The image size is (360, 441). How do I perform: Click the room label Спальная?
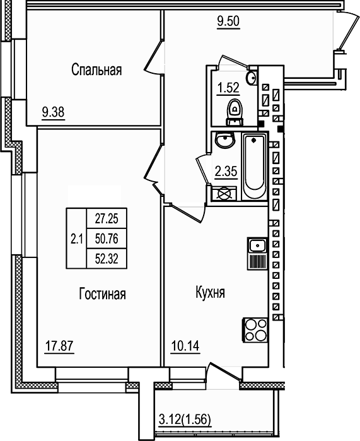[96, 70]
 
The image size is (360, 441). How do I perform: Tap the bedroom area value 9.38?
[54, 113]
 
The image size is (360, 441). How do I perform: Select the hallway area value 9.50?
[229, 22]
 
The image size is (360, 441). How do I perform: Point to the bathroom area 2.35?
[226, 171]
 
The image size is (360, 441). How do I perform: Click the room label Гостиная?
[103, 294]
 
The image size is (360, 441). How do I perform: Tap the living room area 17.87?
[59, 346]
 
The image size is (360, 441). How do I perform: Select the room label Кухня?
[211, 294]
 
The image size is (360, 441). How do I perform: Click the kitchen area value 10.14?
[185, 346]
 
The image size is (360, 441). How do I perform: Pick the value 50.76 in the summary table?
[107, 238]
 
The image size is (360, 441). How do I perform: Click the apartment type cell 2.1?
[76, 238]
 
